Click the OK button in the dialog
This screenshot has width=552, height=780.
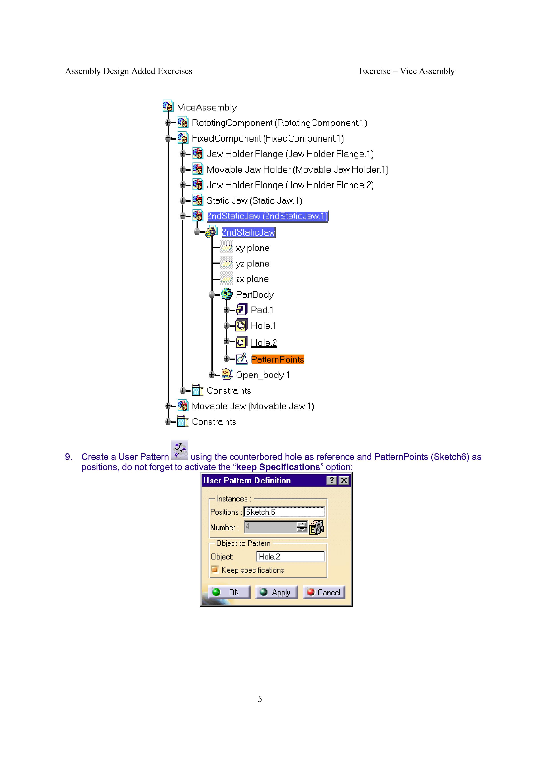229,592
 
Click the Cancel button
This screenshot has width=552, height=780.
324,592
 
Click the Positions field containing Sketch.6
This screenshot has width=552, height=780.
284,512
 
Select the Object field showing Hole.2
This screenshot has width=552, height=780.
290,556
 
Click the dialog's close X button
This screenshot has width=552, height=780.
344,480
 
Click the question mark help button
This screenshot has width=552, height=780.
332,480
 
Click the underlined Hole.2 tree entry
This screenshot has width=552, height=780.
264,343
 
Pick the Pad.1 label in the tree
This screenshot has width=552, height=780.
262,310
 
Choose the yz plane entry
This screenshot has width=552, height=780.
252,264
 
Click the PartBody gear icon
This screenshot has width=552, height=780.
227,294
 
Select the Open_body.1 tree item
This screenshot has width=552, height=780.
263,375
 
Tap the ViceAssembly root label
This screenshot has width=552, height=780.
207,107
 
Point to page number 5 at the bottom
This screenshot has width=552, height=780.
260,699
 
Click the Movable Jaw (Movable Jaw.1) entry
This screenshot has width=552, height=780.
253,406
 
